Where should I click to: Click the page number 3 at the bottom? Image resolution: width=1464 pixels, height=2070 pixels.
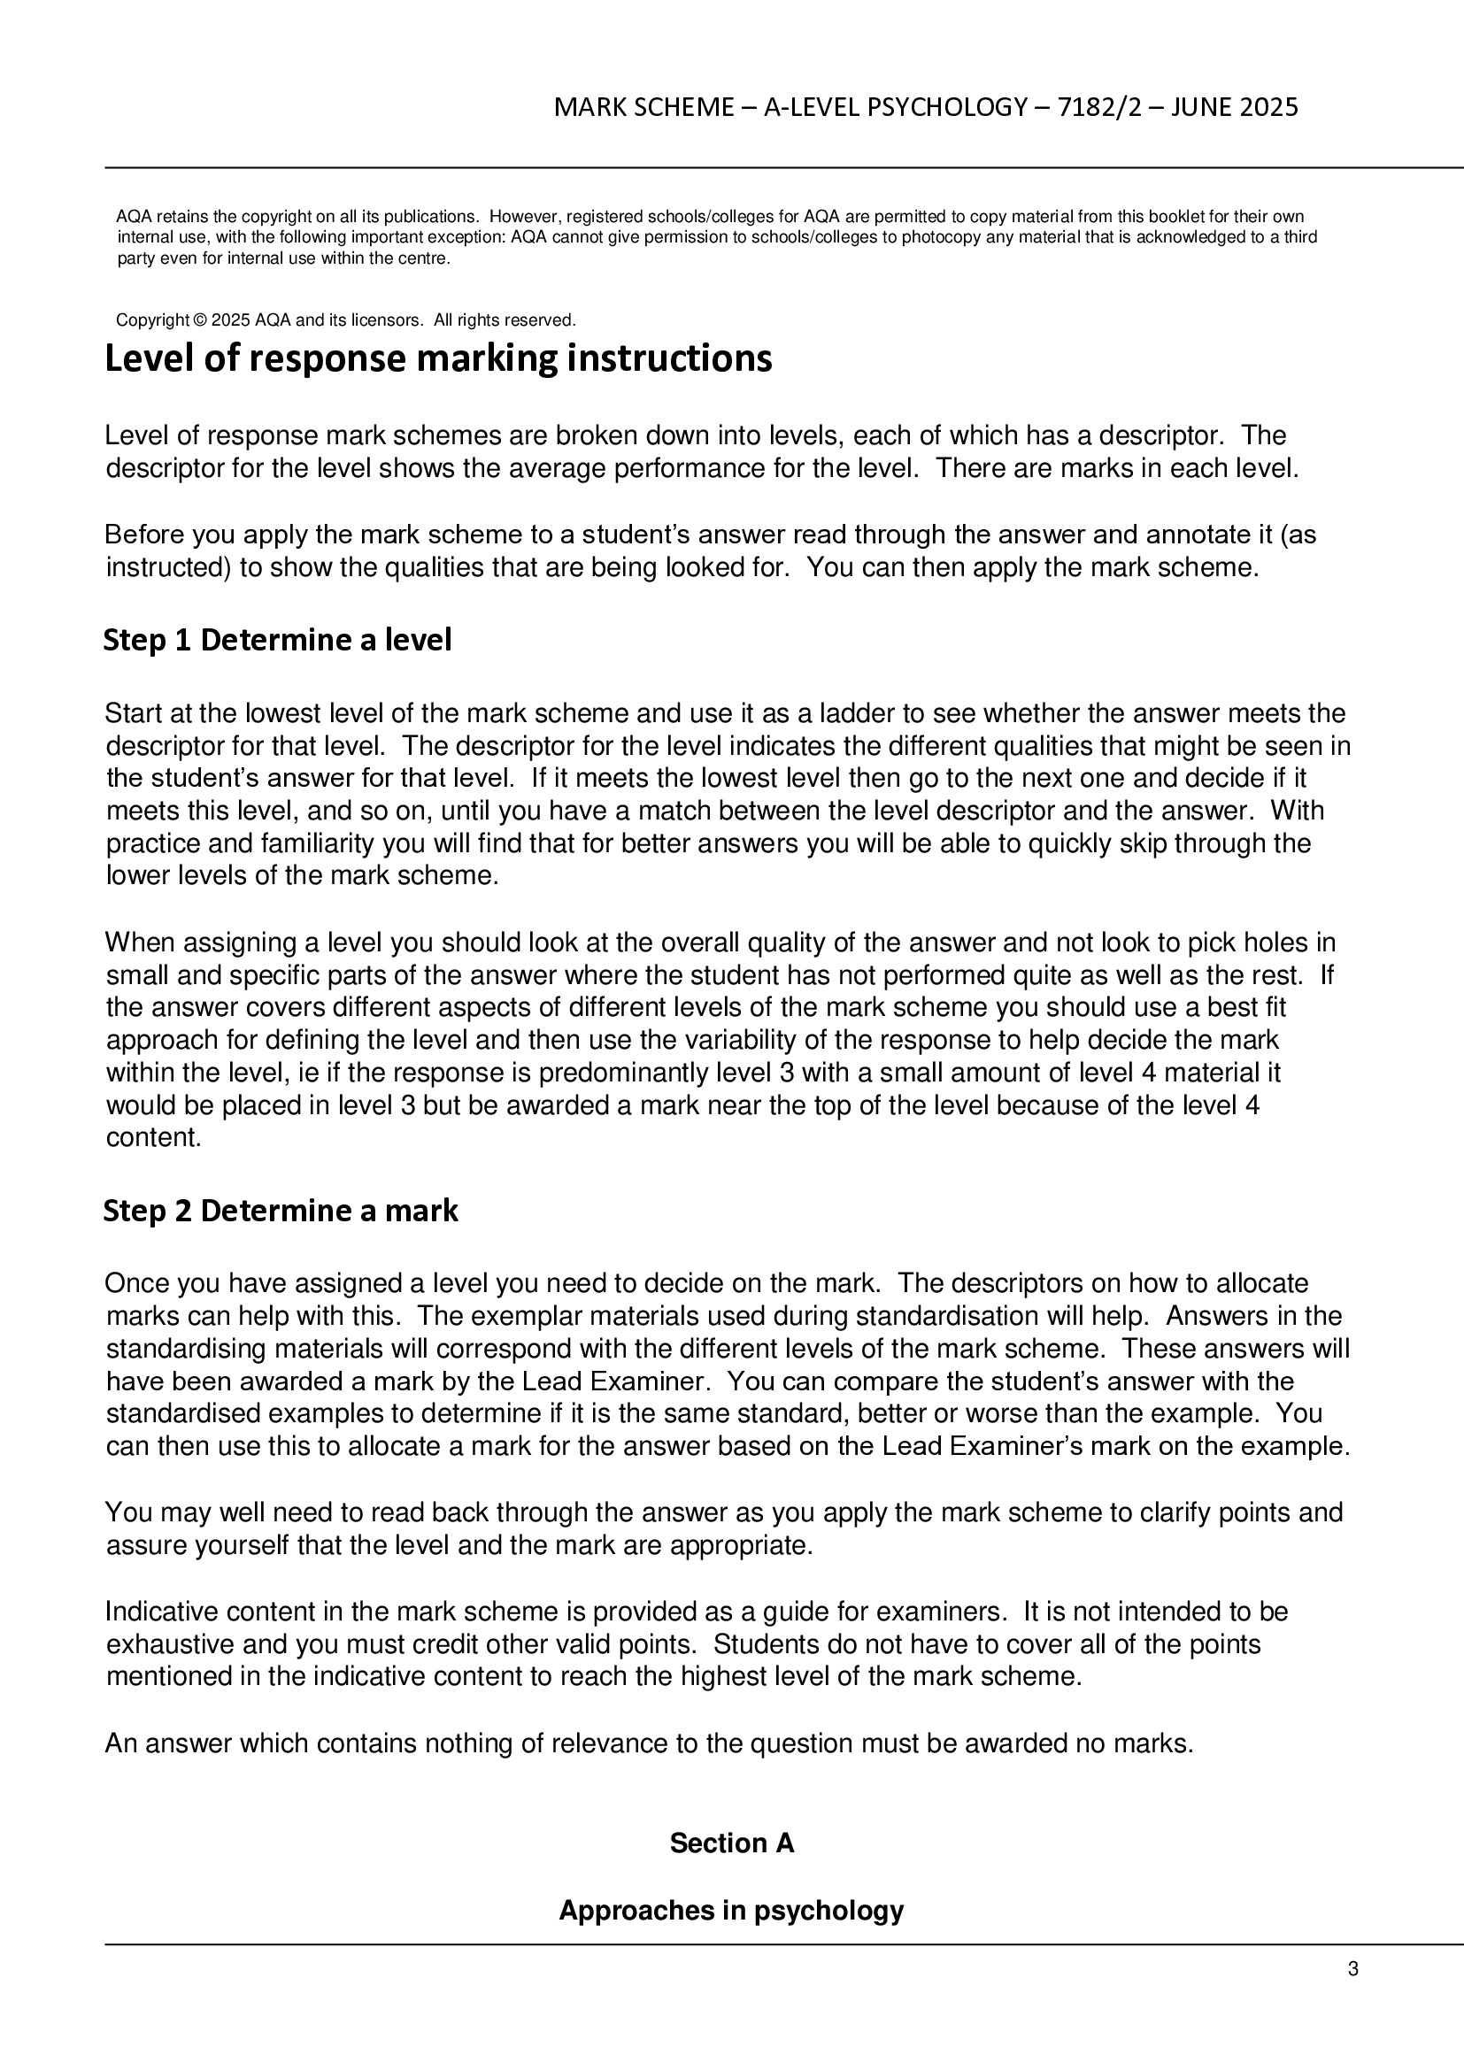click(1352, 1969)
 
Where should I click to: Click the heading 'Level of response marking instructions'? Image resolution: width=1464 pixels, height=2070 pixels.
click(438, 358)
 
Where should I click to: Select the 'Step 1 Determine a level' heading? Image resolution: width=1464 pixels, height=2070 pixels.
click(277, 640)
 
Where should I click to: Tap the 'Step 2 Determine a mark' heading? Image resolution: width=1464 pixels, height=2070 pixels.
click(281, 1211)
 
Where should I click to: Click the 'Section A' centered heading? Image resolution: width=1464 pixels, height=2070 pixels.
click(731, 1843)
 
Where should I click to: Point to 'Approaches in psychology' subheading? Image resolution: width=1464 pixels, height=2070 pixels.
click(731, 1911)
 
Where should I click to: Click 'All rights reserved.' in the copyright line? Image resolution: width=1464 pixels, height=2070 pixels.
click(504, 320)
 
